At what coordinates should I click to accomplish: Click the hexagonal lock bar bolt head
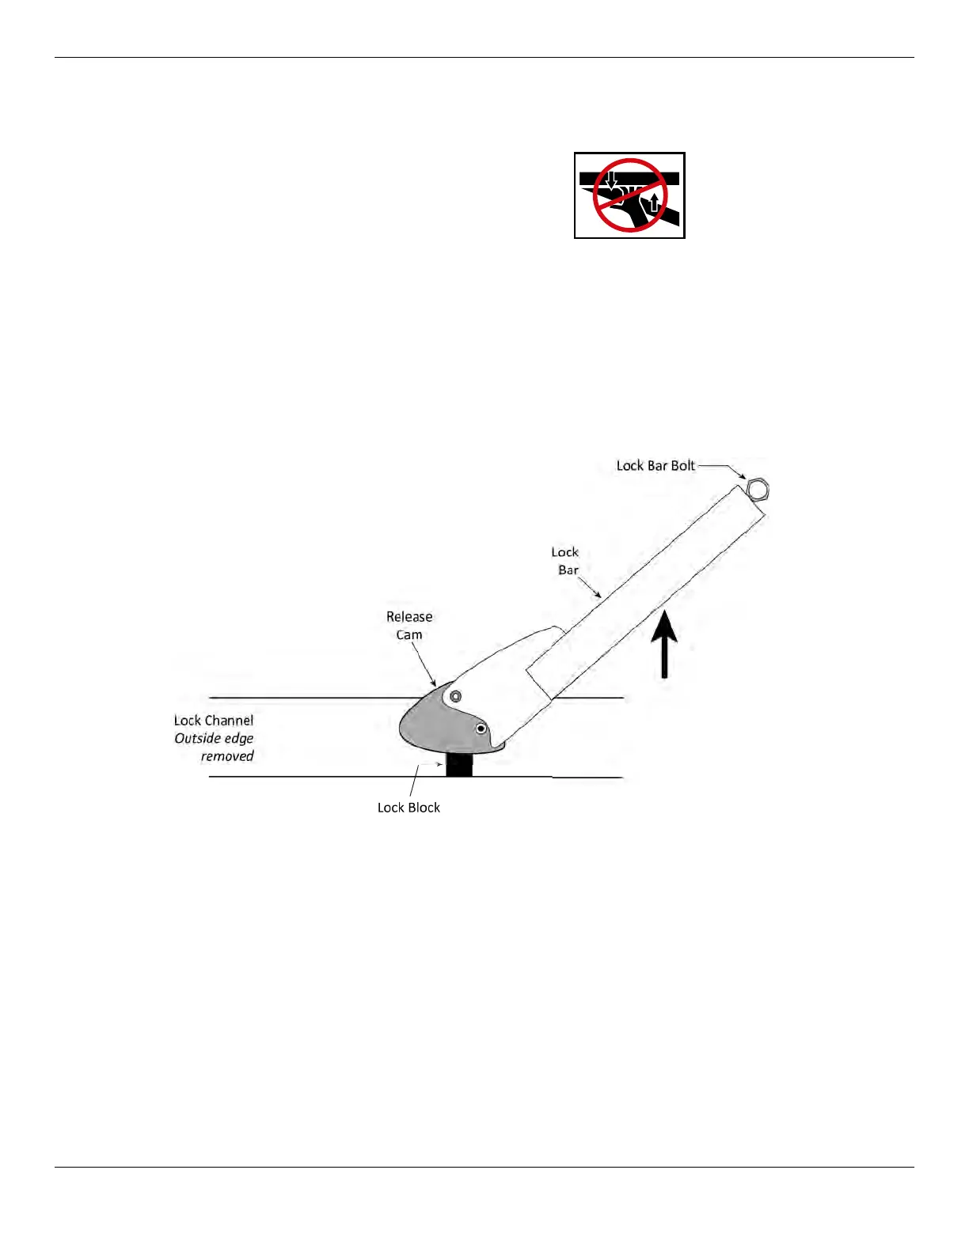pyautogui.click(x=758, y=490)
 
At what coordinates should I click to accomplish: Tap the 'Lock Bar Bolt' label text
pyautogui.click(x=655, y=466)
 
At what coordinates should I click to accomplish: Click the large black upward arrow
pyautogui.click(x=665, y=646)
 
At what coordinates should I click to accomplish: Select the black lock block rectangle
pyautogui.click(x=459, y=765)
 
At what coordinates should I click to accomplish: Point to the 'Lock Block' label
pyautogui.click(x=408, y=808)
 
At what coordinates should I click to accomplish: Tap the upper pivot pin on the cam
pyautogui.click(x=455, y=696)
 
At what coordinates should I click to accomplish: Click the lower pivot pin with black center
pyautogui.click(x=481, y=729)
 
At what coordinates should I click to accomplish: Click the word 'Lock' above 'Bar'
pyautogui.click(x=565, y=552)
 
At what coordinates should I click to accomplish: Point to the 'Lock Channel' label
pyautogui.click(x=214, y=721)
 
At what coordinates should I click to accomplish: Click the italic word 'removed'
pyautogui.click(x=227, y=756)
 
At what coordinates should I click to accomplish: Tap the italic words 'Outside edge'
pyautogui.click(x=214, y=739)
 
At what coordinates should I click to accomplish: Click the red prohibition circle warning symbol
pyautogui.click(x=630, y=195)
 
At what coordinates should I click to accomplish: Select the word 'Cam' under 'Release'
pyautogui.click(x=409, y=635)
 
